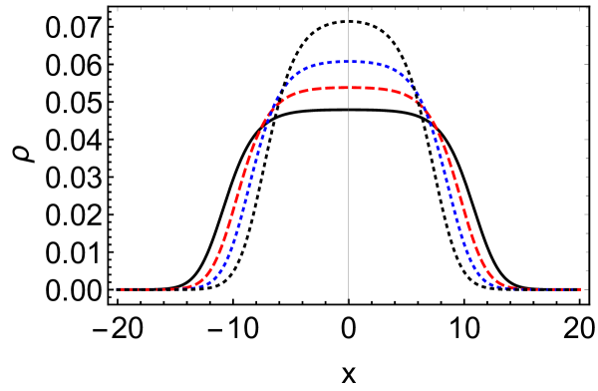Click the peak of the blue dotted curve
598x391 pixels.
click(x=348, y=62)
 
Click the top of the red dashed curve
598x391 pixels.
click(x=348, y=88)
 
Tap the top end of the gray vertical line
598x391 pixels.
click(x=348, y=8)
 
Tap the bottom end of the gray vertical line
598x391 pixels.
click(x=348, y=300)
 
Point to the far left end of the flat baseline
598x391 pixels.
click(x=122, y=289)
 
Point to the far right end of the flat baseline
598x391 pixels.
click(x=581, y=289)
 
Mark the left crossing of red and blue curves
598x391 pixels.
click(x=265, y=123)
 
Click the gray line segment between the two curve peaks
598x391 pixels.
click(x=348, y=75)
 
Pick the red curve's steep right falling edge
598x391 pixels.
click(x=461, y=199)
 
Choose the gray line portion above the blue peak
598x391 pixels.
click(x=348, y=35)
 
